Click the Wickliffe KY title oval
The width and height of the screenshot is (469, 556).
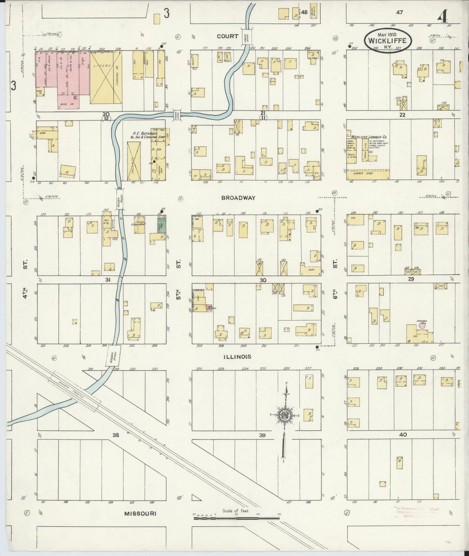(388, 40)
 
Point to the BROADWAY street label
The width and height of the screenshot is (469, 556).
(243, 198)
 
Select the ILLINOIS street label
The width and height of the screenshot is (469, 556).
(237, 357)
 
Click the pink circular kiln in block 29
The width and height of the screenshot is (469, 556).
(422, 325)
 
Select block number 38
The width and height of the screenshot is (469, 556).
(116, 435)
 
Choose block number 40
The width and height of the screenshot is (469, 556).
(403, 434)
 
